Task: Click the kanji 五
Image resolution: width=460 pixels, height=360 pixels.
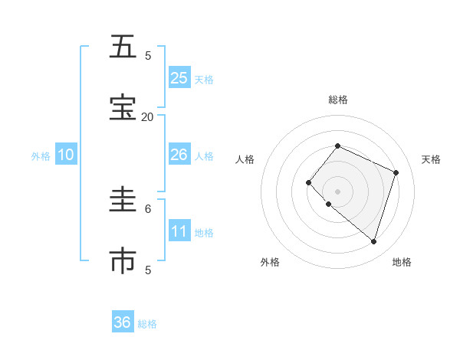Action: point(122,47)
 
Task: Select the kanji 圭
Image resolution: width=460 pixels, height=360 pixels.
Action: point(122,201)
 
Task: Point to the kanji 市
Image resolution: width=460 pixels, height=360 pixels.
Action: point(122,261)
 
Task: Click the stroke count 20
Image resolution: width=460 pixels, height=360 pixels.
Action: point(147,116)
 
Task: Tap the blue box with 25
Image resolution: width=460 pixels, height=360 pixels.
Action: point(179,78)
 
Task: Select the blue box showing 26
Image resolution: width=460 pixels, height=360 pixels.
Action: point(179,155)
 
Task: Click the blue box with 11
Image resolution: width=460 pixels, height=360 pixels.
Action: point(179,231)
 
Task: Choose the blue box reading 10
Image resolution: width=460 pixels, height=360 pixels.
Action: point(66,155)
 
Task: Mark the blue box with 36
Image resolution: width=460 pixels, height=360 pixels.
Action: point(123,322)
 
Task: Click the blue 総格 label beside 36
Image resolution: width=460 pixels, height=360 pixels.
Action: point(147,324)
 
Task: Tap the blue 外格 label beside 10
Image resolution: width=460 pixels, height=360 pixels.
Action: point(41,156)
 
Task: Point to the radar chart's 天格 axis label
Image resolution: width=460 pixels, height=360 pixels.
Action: point(431,159)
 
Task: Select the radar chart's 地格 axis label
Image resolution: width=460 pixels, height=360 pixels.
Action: point(402,262)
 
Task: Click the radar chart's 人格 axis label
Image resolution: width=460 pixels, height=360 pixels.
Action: point(245,159)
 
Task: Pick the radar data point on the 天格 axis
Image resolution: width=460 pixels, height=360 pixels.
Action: point(396,172)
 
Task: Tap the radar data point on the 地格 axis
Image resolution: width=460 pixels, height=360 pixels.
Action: point(373,242)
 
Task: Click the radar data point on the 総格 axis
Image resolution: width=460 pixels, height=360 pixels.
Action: point(337,146)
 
